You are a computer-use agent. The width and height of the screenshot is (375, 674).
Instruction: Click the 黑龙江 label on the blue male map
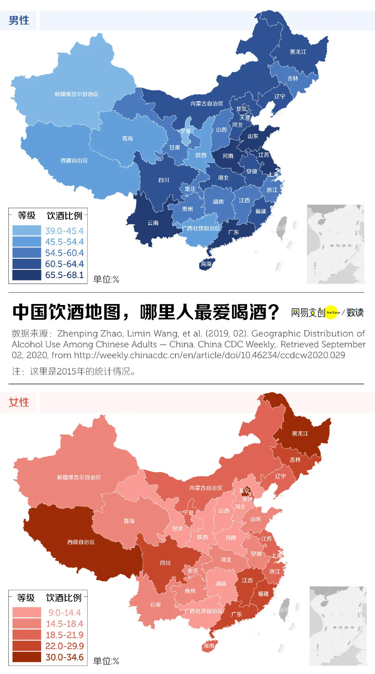(x=298, y=52)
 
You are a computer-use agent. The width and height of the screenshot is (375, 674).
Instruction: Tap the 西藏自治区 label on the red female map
(x=81, y=542)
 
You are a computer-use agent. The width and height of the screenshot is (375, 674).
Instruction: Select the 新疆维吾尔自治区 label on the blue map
(x=76, y=94)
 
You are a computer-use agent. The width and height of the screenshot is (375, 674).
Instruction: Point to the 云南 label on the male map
(x=153, y=223)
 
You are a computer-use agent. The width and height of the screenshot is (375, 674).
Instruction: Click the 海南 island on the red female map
(x=209, y=646)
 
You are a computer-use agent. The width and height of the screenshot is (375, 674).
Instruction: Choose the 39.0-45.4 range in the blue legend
(x=64, y=231)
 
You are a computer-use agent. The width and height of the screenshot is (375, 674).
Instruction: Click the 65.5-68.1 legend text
(x=64, y=275)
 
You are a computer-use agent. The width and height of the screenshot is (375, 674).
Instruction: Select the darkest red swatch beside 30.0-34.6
(x=26, y=657)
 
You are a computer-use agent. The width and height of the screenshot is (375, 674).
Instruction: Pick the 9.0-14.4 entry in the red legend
(x=64, y=613)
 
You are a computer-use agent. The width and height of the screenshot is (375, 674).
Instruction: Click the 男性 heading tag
(x=18, y=20)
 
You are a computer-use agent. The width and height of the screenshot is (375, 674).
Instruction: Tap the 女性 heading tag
(x=18, y=402)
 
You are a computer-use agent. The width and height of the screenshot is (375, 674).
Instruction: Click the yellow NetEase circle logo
(x=332, y=312)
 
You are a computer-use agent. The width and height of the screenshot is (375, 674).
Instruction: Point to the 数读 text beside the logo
(x=355, y=312)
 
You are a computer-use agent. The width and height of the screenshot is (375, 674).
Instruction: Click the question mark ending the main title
(x=273, y=312)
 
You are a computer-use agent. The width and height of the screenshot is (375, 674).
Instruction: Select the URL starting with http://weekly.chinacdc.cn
(x=209, y=355)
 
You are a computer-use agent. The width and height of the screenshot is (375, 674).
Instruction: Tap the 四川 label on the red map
(x=165, y=563)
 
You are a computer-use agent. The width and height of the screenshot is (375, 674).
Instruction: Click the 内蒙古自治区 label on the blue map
(x=207, y=104)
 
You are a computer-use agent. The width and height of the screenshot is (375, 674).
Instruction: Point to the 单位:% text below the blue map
(x=106, y=279)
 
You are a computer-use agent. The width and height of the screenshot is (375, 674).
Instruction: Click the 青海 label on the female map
(x=129, y=521)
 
